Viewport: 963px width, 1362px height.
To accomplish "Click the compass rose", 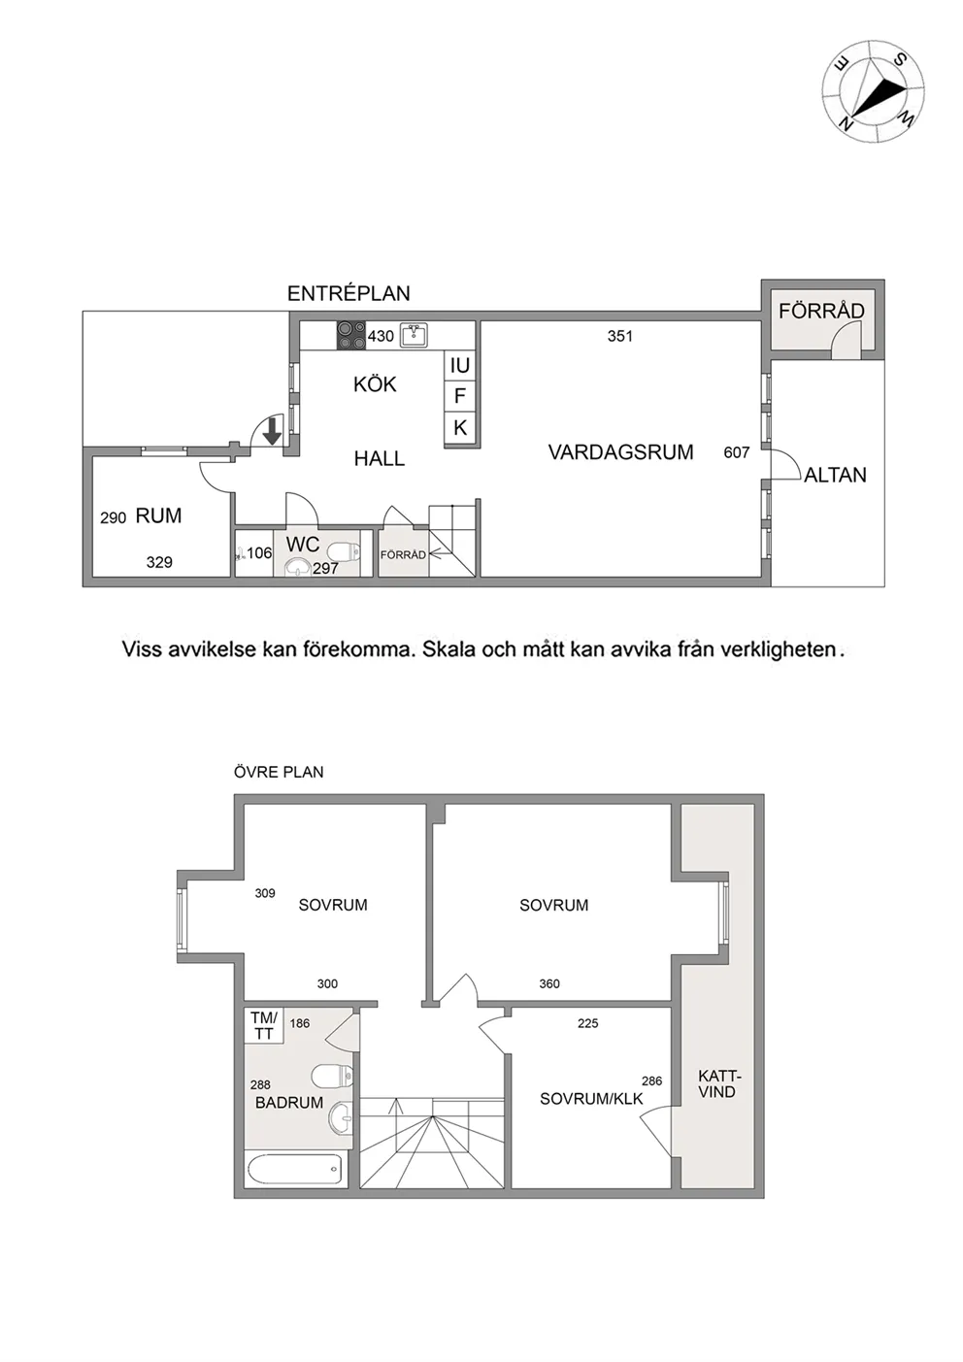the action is click(x=873, y=91).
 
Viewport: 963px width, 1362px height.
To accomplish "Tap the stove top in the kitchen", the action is click(x=351, y=335).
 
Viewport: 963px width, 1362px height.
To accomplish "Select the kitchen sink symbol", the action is click(x=414, y=335).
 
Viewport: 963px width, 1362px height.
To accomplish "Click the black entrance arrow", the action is click(x=272, y=430).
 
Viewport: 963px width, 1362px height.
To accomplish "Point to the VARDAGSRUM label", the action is click(x=620, y=452).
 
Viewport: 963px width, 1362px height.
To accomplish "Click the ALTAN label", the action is click(x=835, y=475).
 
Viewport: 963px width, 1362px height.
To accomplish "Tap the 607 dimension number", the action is click(x=736, y=452).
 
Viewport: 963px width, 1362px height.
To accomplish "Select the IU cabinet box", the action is click(x=459, y=365).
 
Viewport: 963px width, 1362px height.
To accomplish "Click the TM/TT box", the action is click(x=264, y=1025).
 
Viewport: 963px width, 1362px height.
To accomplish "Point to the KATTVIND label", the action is click(x=716, y=1084).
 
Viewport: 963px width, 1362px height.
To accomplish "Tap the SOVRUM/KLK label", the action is click(x=591, y=1099).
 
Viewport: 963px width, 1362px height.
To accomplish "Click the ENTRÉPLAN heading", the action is click(x=349, y=294).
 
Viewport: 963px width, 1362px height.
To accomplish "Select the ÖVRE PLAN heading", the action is click(x=279, y=772).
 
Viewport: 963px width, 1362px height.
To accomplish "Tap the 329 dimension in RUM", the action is click(x=159, y=562).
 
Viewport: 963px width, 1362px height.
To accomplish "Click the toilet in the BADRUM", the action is click(x=331, y=1076).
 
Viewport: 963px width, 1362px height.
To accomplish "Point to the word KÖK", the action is click(x=375, y=384).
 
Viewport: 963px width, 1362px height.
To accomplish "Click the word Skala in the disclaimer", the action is click(x=448, y=649).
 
